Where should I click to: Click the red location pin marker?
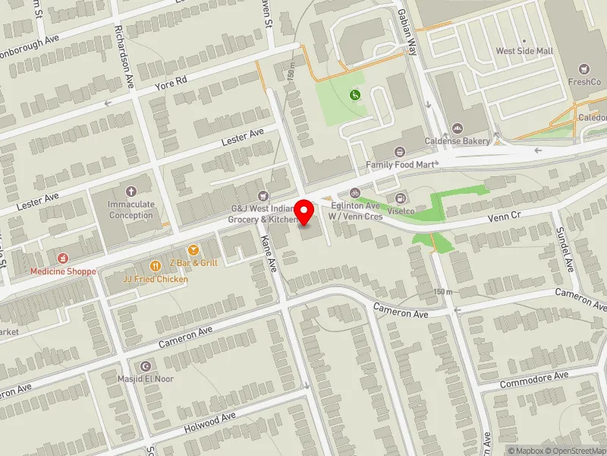coord(304,211)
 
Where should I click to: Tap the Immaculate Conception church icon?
coord(131,192)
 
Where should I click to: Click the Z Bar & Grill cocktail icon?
coord(193,250)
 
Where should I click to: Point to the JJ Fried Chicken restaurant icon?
coord(156,265)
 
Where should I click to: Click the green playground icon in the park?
coord(354,95)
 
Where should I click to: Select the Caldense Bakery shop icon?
coord(457,128)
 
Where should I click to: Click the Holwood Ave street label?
coord(212,423)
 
